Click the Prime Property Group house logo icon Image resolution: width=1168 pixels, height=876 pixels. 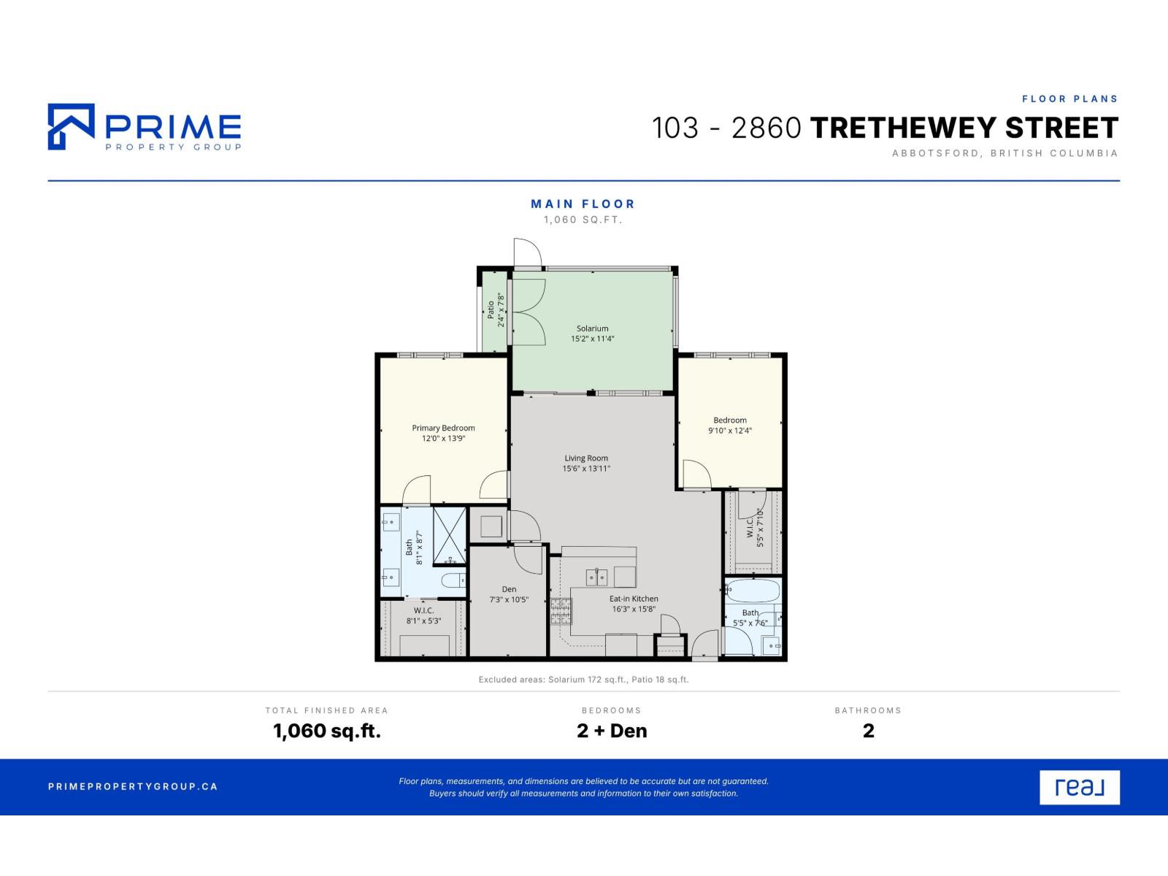pyautogui.click(x=72, y=126)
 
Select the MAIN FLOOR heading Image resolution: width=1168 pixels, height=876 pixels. pyautogui.click(x=583, y=204)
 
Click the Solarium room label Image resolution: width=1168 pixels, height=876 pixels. pyautogui.click(x=592, y=328)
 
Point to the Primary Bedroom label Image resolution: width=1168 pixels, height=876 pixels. pyautogui.click(x=443, y=429)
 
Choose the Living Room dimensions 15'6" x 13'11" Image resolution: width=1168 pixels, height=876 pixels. pyautogui.click(x=586, y=469)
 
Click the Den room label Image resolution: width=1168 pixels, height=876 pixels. pyautogui.click(x=509, y=589)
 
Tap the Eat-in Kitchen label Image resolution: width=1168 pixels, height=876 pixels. pyautogui.click(x=633, y=599)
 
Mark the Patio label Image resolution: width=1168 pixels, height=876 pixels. pyautogui.click(x=491, y=310)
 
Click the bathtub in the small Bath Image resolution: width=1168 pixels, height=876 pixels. pyautogui.click(x=753, y=591)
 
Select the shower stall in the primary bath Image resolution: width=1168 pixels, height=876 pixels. pyautogui.click(x=450, y=536)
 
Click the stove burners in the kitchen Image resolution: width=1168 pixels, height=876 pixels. pyautogui.click(x=561, y=611)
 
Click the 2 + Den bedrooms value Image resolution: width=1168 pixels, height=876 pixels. pyautogui.click(x=612, y=731)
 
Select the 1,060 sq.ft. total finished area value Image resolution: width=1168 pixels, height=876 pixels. pyautogui.click(x=327, y=731)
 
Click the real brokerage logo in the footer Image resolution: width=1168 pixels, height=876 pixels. pyautogui.click(x=1080, y=787)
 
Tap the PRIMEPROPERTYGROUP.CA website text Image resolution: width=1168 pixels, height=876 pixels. pyautogui.click(x=133, y=787)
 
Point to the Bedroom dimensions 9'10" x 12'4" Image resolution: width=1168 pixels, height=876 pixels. pyautogui.click(x=729, y=431)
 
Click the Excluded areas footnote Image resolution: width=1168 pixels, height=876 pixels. pyautogui.click(x=583, y=680)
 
